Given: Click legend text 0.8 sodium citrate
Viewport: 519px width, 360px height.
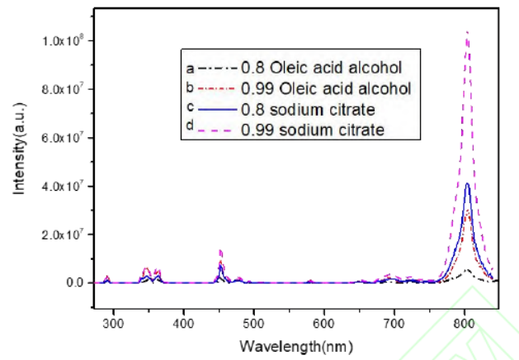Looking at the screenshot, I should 304,109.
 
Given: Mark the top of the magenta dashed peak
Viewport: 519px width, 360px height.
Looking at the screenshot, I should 468,32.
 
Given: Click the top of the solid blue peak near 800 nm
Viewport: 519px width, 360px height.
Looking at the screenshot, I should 468,184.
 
